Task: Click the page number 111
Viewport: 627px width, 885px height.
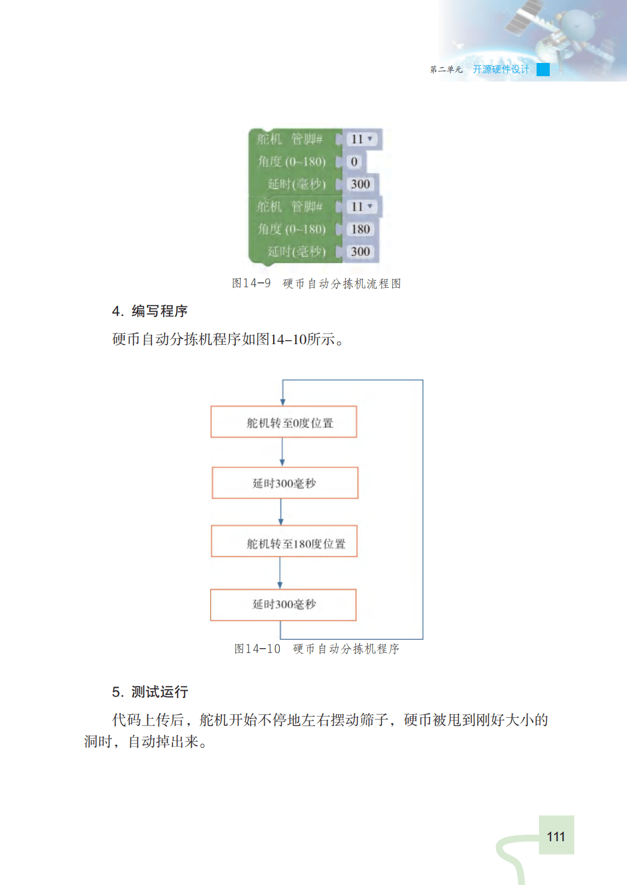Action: click(556, 836)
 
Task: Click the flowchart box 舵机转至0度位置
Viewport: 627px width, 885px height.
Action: click(284, 422)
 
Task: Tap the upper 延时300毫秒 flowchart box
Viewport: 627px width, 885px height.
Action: click(285, 483)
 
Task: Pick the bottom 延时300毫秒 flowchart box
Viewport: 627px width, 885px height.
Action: click(283, 604)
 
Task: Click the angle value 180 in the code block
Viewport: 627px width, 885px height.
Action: click(361, 229)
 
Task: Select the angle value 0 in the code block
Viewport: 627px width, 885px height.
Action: click(354, 162)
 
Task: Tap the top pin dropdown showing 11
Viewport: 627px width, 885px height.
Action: click(362, 139)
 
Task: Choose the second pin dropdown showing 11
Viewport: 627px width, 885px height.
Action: click(362, 207)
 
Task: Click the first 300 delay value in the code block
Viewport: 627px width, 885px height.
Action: click(360, 184)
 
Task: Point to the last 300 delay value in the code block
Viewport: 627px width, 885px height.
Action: click(360, 252)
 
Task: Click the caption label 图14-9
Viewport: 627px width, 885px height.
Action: click(251, 283)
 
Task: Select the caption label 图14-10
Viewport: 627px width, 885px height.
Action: click(257, 649)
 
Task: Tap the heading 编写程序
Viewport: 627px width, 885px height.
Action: click(159, 311)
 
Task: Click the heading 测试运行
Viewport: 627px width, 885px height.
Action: click(159, 692)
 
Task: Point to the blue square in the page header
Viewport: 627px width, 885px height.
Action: click(543, 70)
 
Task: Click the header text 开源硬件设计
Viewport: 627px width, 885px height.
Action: click(501, 70)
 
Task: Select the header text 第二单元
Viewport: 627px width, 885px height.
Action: click(446, 70)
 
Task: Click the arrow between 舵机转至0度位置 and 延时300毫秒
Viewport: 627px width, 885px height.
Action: click(282, 452)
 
